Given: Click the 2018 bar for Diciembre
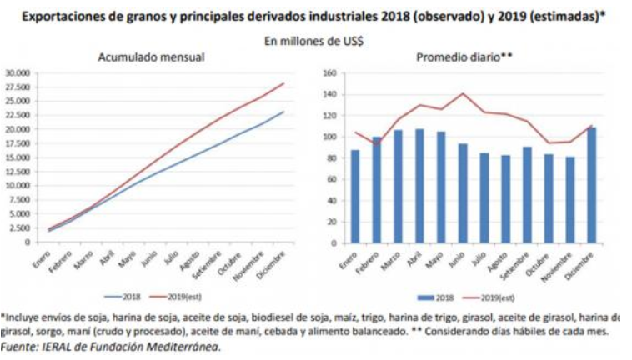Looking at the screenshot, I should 593,185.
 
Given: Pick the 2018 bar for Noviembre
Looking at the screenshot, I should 571,200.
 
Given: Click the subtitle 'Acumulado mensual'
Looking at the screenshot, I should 151,57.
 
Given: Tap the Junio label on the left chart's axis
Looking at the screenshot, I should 151,260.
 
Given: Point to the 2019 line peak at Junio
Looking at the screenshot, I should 463,93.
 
